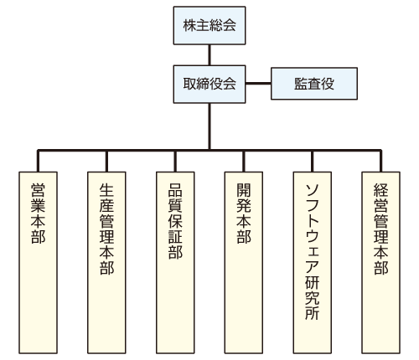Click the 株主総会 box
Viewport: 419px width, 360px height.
tap(209, 25)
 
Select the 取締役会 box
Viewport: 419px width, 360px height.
tap(209, 85)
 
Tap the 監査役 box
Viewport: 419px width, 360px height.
tap(314, 84)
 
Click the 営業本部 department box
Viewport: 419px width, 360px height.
tap(38, 263)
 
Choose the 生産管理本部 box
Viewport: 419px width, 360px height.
tap(106, 263)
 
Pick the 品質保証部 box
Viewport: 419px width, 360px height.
tap(175, 263)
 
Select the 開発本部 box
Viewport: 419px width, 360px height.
tap(244, 263)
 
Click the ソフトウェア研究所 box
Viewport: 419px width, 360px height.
tap(313, 263)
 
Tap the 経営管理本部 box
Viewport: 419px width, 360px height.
tap(381, 263)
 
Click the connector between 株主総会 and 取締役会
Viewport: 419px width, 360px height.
tap(209, 55)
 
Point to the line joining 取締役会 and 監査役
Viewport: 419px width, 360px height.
tap(258, 83)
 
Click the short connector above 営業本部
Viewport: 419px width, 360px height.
tap(38, 162)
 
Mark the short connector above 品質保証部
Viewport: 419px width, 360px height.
tap(175, 162)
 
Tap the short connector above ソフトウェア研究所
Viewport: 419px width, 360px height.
tap(313, 162)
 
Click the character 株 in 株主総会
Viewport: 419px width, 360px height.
tap(189, 25)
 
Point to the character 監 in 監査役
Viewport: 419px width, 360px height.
tap(301, 84)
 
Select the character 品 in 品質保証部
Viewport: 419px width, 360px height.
tap(175, 190)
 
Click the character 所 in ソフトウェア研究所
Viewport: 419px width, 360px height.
tap(313, 313)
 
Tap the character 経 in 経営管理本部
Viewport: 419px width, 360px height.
tap(381, 190)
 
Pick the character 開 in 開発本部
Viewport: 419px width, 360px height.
tap(244, 190)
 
